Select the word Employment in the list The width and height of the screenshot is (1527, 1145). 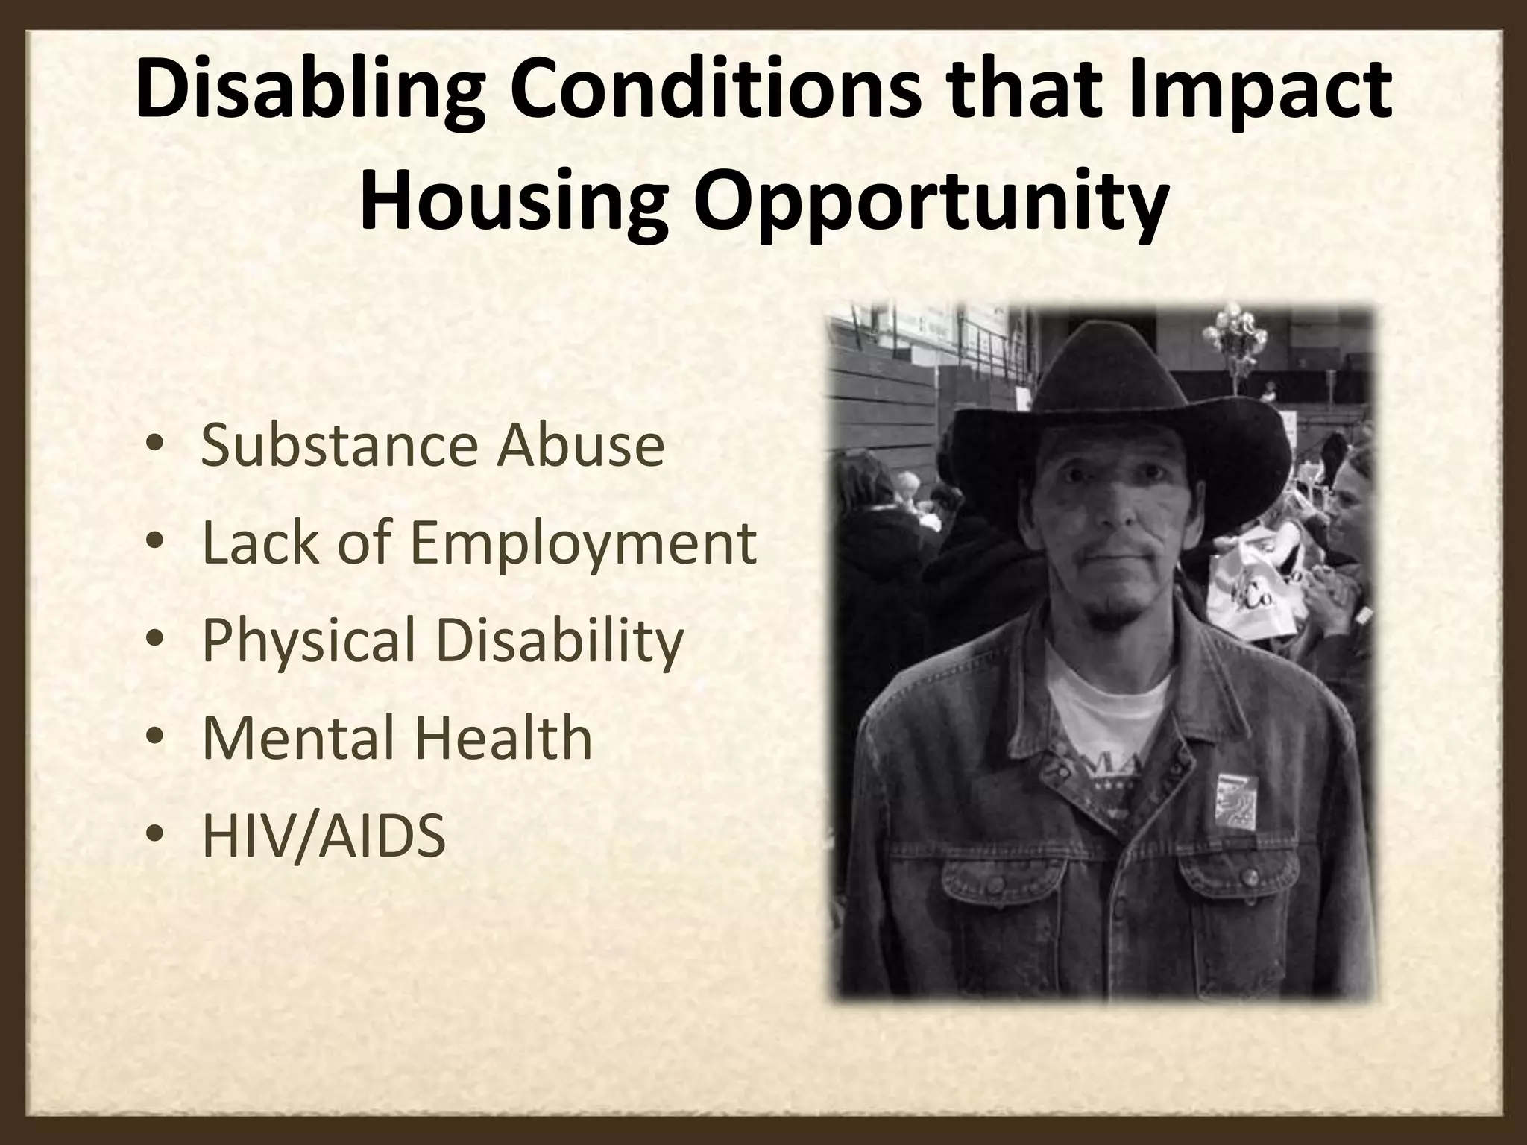tap(584, 544)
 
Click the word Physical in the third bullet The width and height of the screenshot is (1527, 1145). tap(309, 640)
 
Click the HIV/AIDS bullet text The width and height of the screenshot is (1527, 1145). tap(324, 835)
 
